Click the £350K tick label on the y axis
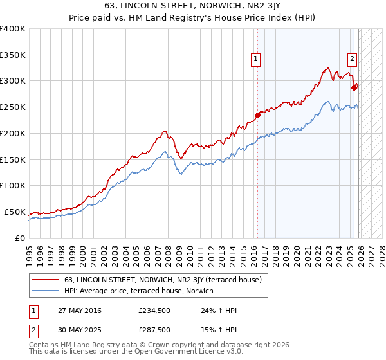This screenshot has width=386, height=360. coord(13,55)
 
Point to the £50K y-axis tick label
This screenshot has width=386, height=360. coord(15,212)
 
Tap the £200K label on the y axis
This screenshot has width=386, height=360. coord(13,133)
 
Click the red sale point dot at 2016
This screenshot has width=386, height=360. coord(257,116)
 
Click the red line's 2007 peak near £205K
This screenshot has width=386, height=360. coord(165,131)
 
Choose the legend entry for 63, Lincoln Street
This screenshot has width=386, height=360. coord(163,280)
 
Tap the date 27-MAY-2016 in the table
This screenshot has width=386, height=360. coord(79,311)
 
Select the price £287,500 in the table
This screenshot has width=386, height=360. coord(154,329)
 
